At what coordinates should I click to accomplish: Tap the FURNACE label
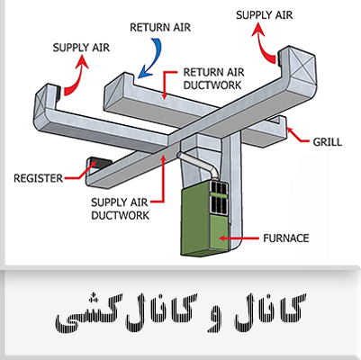[285, 238]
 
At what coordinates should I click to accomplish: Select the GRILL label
[327, 141]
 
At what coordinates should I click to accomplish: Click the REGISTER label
[38, 178]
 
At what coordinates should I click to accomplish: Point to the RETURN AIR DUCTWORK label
[213, 78]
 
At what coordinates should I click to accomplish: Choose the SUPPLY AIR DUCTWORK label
[120, 209]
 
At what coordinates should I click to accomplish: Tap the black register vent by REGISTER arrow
[98, 164]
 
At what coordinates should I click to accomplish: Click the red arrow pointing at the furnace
[239, 238]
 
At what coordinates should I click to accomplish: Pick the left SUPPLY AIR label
[81, 48]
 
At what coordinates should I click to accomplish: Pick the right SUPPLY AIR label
[264, 15]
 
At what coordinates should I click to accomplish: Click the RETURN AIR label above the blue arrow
[160, 27]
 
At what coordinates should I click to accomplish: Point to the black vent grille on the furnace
[219, 197]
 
